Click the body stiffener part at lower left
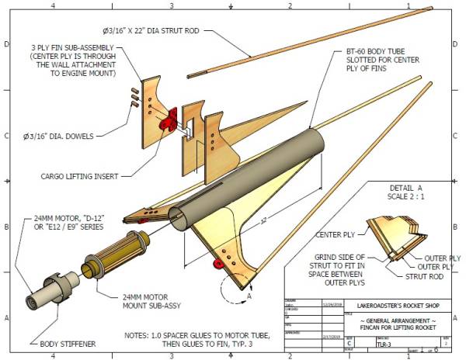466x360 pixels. (46, 293)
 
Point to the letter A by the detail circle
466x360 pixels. (249, 296)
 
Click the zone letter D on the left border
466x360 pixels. (6, 44)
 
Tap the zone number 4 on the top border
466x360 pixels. (53, 5)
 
